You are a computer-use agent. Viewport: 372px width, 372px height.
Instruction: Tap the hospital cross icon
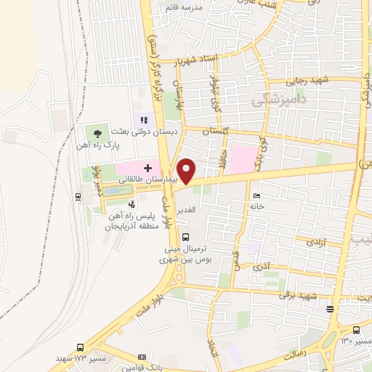(x=147, y=168)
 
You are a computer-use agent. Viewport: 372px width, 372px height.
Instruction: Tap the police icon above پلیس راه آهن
(x=132, y=185)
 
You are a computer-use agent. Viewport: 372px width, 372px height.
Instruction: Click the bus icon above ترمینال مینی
(x=185, y=236)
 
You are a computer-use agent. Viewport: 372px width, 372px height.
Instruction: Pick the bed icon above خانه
(x=255, y=195)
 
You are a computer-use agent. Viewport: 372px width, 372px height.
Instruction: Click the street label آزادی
(x=318, y=246)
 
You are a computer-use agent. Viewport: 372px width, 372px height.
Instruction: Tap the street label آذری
(x=259, y=267)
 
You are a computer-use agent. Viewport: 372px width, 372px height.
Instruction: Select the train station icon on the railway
(x=78, y=195)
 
